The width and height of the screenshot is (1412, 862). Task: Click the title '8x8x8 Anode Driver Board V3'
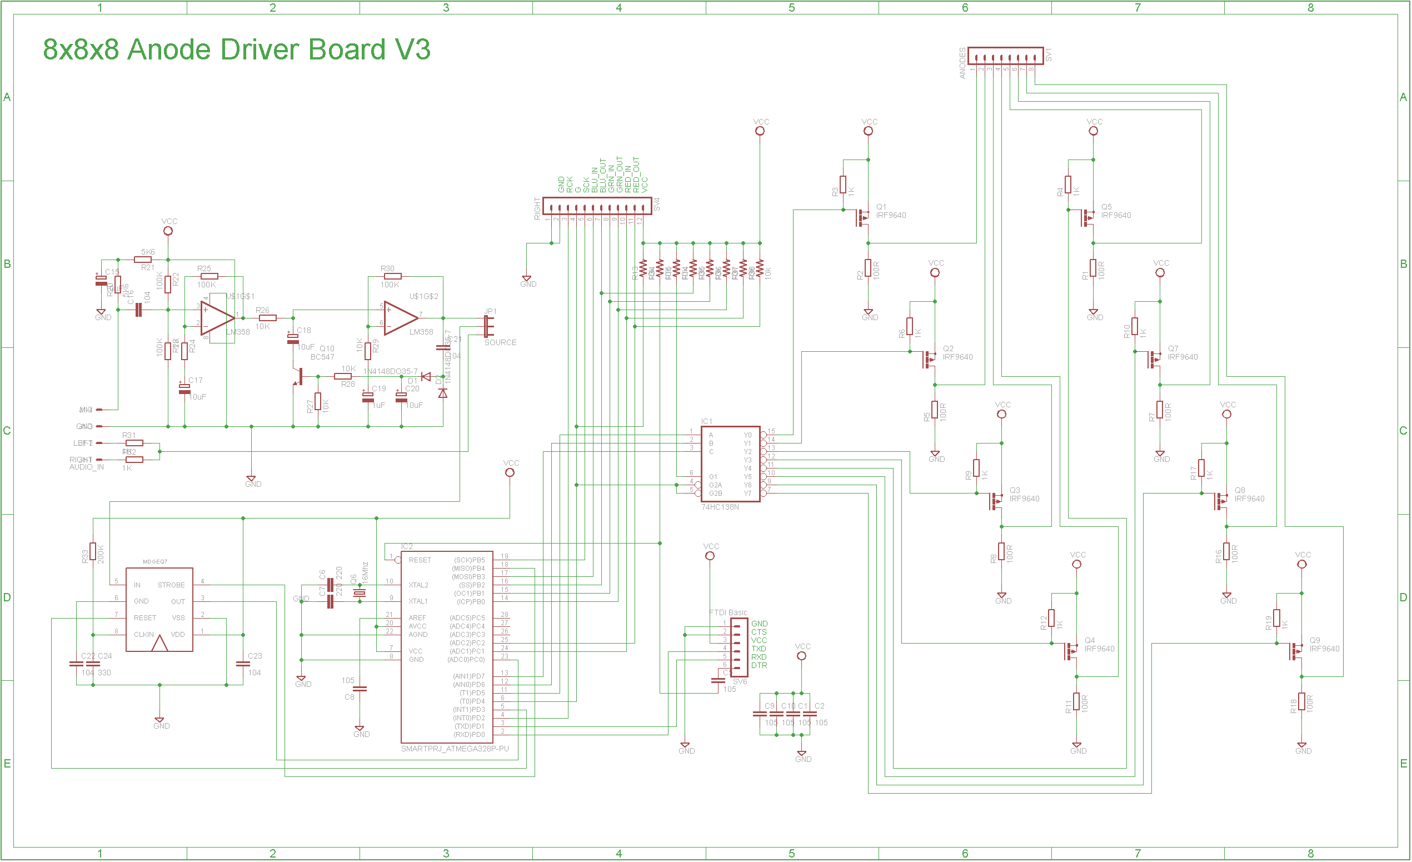pyautogui.click(x=236, y=49)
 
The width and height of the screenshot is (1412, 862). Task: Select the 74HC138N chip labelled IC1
pyautogui.click(x=731, y=464)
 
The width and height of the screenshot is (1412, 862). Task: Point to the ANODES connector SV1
pyautogui.click(x=1005, y=56)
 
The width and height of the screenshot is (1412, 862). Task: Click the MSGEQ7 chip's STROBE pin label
pyautogui.click(x=171, y=585)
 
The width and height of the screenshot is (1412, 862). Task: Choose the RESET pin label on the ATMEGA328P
pyautogui.click(x=420, y=560)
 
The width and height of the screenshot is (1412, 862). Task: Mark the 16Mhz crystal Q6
pyautogui.click(x=360, y=593)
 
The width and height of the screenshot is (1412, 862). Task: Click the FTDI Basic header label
pyautogui.click(x=728, y=612)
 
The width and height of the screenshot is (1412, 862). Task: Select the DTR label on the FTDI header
pyautogui.click(x=759, y=665)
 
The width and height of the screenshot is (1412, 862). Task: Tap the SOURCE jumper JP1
pyautogui.click(x=488, y=327)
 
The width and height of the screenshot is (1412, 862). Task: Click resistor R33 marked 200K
pyautogui.click(x=93, y=551)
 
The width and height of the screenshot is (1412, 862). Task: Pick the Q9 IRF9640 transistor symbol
pyautogui.click(x=1296, y=652)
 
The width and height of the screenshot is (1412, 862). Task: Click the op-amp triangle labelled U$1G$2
pyautogui.click(x=400, y=318)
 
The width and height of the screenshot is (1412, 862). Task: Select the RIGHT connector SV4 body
pyautogui.click(x=597, y=206)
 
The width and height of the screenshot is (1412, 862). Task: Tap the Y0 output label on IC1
pyautogui.click(x=747, y=435)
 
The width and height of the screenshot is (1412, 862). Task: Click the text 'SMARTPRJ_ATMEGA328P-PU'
pyautogui.click(x=455, y=749)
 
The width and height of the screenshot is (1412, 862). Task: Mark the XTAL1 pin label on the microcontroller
pyautogui.click(x=418, y=601)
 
